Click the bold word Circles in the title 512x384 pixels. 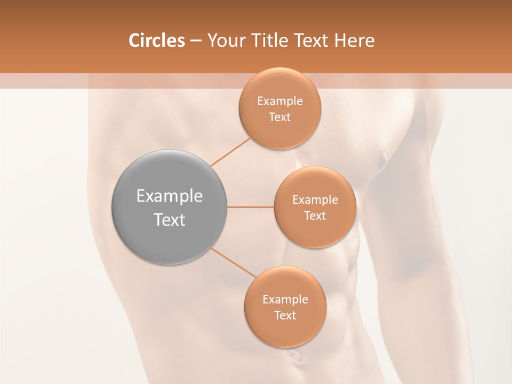pos(156,41)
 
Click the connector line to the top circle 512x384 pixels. pos(230,153)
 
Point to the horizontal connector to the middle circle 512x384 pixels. pos(250,207)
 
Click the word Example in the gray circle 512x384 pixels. pos(169,196)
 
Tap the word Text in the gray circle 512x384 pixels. pos(169,220)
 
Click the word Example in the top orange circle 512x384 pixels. pos(279,101)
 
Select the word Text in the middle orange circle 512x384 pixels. pos(315,215)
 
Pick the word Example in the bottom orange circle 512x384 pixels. pos(285,299)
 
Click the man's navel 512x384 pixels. pos(294,355)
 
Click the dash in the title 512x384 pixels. pos(196,41)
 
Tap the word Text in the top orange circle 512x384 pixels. pos(279,117)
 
